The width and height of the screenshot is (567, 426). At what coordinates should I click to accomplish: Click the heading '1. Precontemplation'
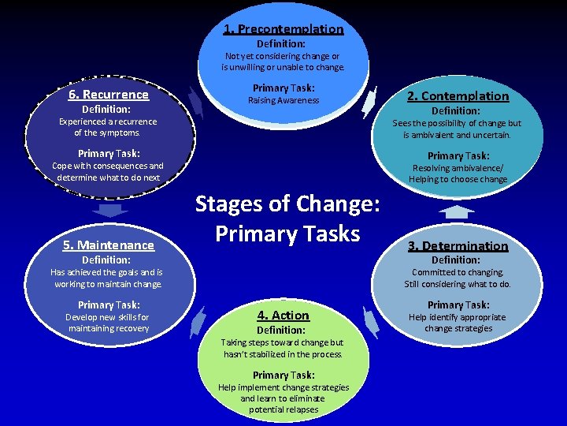(283, 29)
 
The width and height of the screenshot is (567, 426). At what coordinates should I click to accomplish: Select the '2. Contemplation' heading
(458, 96)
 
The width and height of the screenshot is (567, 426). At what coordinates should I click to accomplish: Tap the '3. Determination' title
(458, 246)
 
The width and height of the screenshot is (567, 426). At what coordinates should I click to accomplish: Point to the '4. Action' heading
(283, 316)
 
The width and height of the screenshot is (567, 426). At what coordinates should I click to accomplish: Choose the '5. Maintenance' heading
(109, 245)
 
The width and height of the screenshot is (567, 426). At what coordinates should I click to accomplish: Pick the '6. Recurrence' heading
(109, 95)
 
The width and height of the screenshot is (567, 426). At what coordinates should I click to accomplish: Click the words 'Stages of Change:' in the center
(287, 204)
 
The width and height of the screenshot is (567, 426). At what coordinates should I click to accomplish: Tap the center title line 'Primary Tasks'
(287, 234)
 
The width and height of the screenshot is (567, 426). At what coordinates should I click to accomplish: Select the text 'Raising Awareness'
(283, 101)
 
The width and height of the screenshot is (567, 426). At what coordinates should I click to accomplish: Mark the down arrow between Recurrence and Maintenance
(110, 211)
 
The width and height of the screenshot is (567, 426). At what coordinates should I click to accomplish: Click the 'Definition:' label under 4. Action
(281, 330)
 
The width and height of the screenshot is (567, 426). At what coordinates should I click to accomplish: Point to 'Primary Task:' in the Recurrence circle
(109, 154)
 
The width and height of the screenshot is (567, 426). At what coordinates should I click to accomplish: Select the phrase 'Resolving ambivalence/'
(458, 168)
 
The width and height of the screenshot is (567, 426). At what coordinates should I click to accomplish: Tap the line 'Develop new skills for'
(109, 317)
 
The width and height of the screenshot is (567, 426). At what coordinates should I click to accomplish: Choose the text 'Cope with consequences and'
(108, 166)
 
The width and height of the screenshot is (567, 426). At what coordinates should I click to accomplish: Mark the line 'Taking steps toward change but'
(282, 342)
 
